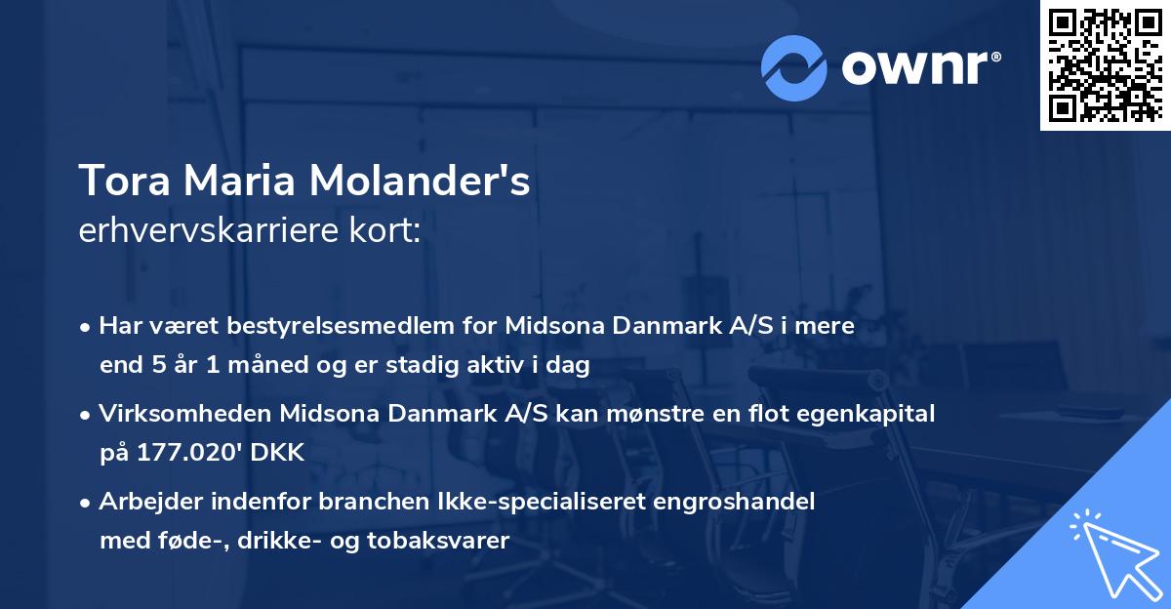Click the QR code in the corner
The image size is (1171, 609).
tap(1104, 65)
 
